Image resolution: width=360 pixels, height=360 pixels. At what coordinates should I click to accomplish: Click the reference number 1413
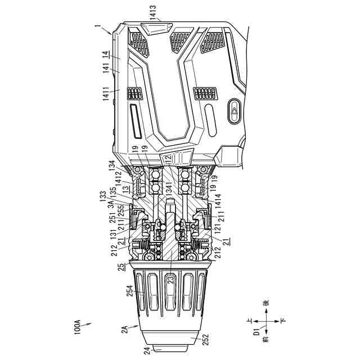(x=152, y=12)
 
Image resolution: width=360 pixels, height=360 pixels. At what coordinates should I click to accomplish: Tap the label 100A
(x=78, y=327)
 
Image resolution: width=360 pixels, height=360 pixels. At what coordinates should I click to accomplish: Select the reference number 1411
(x=106, y=94)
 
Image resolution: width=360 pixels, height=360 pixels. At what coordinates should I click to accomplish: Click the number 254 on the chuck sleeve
(x=130, y=290)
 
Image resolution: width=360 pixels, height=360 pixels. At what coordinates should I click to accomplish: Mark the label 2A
(x=125, y=330)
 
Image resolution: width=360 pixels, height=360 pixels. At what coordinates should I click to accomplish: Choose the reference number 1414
(x=218, y=201)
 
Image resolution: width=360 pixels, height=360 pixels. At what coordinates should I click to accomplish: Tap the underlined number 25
(x=122, y=267)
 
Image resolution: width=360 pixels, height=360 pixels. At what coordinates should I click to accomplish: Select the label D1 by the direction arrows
(x=256, y=331)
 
